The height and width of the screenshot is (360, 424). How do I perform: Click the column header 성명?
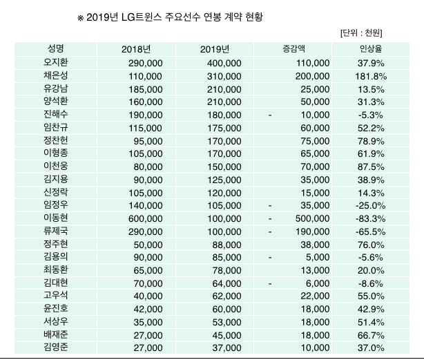coord(57,49)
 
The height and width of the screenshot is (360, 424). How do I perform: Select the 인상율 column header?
coord(367,49)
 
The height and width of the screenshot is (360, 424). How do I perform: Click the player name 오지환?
coord(56,63)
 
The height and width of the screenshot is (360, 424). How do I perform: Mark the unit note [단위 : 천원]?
coord(362,32)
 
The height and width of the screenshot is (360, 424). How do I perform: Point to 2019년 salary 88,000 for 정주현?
coord(225,244)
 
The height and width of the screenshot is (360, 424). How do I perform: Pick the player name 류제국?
coord(56,231)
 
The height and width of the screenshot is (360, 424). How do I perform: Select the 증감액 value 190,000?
coord(309,231)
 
